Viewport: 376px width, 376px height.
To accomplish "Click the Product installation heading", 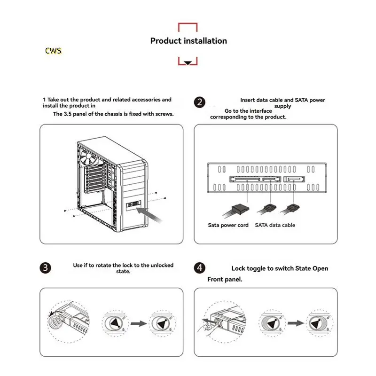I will [188, 41].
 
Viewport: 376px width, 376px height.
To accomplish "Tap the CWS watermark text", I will [53, 50].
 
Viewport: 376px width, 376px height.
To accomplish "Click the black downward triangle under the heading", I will [188, 63].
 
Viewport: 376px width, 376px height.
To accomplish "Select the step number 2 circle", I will [200, 103].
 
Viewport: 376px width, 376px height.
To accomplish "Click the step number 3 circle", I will [45, 268].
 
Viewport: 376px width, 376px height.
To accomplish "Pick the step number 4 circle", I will [200, 268].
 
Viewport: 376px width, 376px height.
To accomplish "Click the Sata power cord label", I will [228, 225].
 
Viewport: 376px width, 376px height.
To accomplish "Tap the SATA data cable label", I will [275, 225].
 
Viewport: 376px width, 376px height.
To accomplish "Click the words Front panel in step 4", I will [225, 279].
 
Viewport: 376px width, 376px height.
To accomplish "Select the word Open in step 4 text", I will [319, 268].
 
